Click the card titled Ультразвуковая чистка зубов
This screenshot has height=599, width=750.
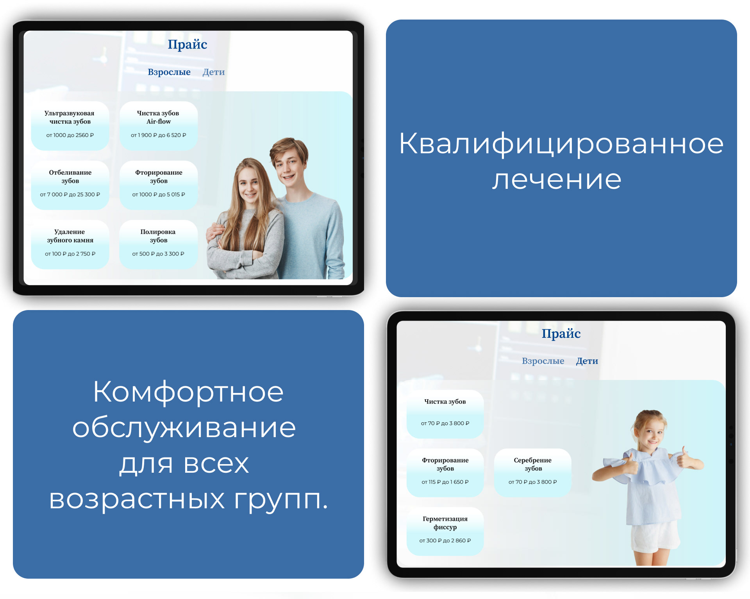70,125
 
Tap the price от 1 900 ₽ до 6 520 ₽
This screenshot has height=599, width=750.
158,135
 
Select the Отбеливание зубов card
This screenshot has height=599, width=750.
70,185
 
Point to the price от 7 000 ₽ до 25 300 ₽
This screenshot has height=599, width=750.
70,195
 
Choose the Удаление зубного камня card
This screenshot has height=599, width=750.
70,244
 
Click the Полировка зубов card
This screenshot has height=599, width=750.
158,244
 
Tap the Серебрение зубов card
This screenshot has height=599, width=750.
532,472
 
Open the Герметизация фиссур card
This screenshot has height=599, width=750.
445,531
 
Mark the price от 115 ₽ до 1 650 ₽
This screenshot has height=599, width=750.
445,482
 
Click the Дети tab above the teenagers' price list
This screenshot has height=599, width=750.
213,72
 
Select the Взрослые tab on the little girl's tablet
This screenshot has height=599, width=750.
543,361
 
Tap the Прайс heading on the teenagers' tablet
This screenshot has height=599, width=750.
187,45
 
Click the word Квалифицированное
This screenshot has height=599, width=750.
561,144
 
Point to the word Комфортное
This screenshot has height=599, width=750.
188,392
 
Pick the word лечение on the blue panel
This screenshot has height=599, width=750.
557,180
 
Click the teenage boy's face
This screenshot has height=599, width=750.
289,164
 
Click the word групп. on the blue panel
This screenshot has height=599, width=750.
281,500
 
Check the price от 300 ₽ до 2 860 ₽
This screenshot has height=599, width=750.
445,541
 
